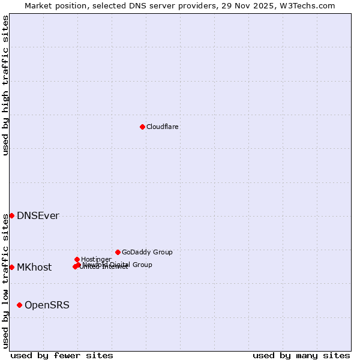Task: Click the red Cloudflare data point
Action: coord(142,127)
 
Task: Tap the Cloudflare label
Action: coord(163,127)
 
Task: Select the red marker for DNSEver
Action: coord(11,215)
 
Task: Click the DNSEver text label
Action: coord(38,216)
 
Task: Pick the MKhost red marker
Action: coord(11,267)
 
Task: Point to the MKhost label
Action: coord(34,268)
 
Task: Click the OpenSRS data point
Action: coord(19,305)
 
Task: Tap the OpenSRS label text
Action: coord(47,305)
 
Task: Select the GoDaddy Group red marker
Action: coord(118,252)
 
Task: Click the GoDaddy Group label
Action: coord(147,252)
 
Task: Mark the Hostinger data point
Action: coord(77,259)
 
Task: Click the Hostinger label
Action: coord(96,259)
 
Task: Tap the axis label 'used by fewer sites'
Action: coord(62,355)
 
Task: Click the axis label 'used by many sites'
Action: coord(301,355)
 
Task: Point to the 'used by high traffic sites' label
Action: coord(5,85)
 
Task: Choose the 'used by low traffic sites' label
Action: coord(5,280)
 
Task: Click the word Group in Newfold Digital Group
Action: coord(142,265)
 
